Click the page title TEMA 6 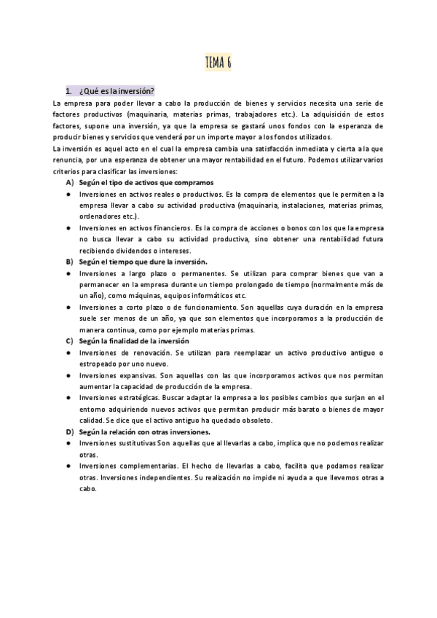219,61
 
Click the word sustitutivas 136,443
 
